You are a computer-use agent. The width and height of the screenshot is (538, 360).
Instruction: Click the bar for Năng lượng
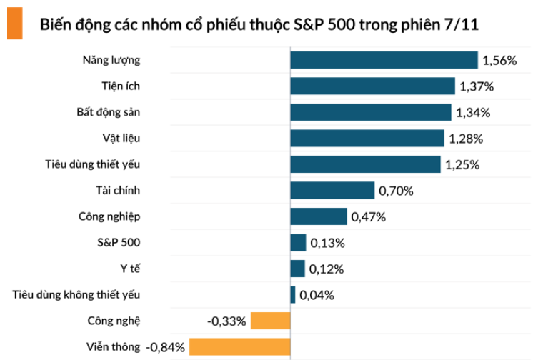click(x=384, y=60)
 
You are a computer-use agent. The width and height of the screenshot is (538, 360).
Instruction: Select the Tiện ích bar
click(x=372, y=86)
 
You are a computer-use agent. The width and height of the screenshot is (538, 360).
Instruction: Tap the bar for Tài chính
click(x=332, y=190)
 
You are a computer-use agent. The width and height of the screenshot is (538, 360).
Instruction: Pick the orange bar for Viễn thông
click(x=239, y=347)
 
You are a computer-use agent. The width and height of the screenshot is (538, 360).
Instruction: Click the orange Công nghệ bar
click(x=271, y=321)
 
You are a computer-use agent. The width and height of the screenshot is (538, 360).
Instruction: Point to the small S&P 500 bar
click(x=298, y=243)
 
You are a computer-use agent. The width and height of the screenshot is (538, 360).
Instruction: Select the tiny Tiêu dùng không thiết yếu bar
click(x=292, y=294)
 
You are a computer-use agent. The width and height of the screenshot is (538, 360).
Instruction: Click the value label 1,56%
click(x=499, y=61)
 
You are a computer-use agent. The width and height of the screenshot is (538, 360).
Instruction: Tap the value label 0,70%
click(x=396, y=191)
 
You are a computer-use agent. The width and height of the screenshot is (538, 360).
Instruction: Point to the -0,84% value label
click(x=166, y=348)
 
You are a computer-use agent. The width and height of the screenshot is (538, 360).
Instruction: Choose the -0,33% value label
click(x=227, y=321)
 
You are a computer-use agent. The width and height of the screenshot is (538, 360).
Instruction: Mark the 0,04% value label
click(x=317, y=295)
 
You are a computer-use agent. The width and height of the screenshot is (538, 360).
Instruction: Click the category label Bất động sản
click(x=109, y=112)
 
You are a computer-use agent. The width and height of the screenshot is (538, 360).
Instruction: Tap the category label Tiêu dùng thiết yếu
click(x=93, y=164)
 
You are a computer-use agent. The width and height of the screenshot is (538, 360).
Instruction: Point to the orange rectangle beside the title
click(x=15, y=22)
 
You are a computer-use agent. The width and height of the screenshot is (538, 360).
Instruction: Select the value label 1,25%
click(x=462, y=165)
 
